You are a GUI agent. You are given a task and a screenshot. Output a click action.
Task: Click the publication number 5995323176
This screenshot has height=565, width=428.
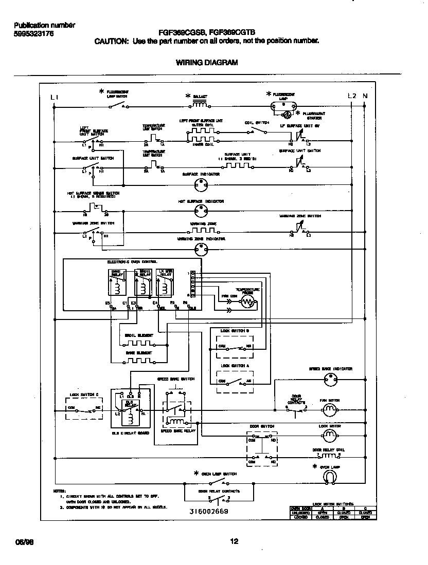[33, 34]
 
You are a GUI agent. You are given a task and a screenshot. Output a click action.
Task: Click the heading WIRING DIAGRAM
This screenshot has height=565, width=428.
[207, 63]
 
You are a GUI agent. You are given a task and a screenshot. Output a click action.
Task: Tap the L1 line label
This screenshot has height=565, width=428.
[55, 97]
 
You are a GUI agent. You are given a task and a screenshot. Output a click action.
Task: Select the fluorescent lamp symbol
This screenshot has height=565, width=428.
[284, 106]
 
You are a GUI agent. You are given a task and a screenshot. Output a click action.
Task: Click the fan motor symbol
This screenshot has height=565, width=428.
[329, 409]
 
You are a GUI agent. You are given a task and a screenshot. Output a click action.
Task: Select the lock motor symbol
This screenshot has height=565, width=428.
[329, 436]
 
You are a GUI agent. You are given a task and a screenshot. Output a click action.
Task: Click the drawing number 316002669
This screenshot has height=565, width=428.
[208, 512]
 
